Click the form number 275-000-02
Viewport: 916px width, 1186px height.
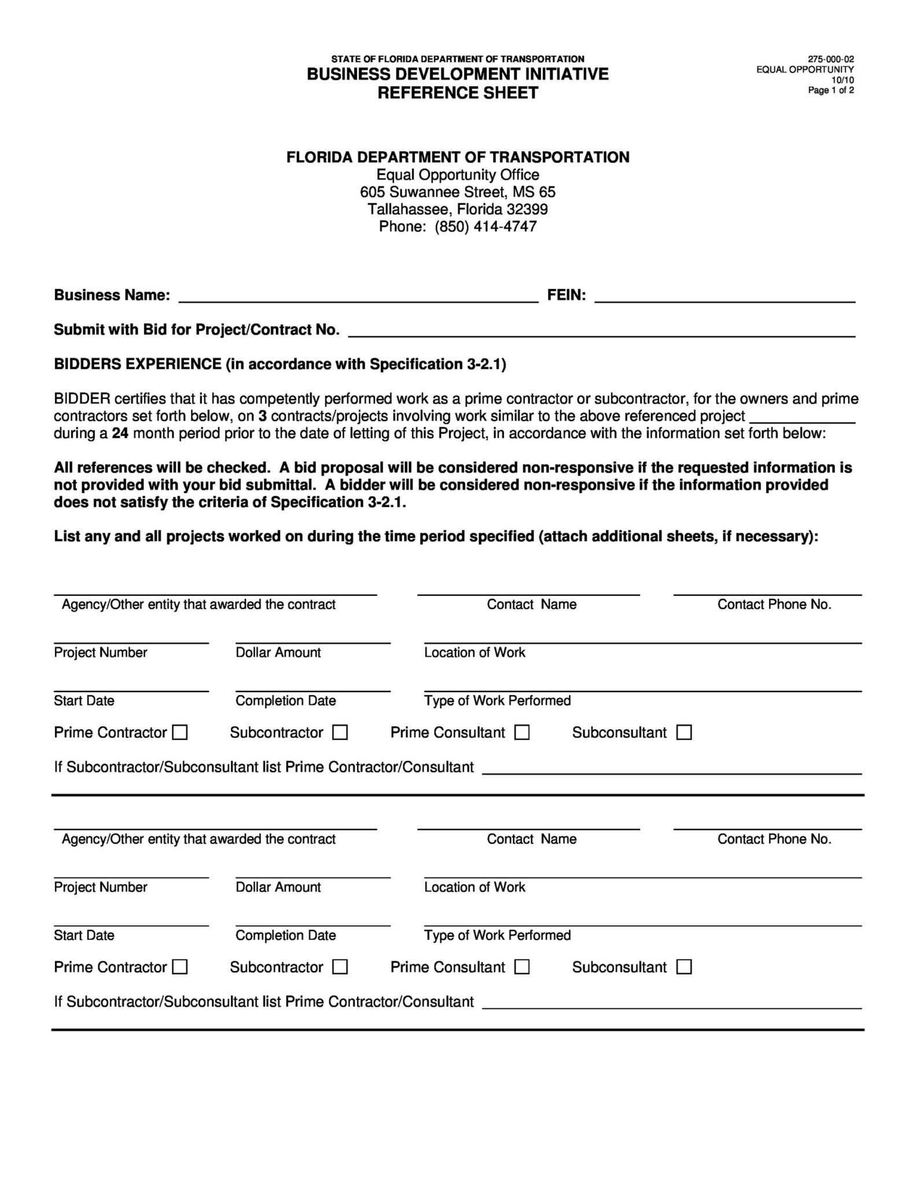point(830,59)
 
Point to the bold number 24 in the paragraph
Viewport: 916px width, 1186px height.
point(120,433)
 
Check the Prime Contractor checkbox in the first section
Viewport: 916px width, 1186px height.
point(181,733)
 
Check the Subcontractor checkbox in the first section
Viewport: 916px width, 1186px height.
point(340,733)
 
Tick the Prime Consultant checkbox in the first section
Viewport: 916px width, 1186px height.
point(522,733)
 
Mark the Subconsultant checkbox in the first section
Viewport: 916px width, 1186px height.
point(684,733)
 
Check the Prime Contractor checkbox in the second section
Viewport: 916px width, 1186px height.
point(181,967)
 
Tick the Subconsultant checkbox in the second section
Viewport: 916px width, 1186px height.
point(684,967)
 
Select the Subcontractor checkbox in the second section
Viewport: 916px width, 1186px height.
point(340,967)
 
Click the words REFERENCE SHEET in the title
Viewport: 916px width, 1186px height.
point(458,93)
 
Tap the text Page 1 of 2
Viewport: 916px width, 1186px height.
point(830,90)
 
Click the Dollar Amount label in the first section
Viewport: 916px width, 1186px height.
point(278,653)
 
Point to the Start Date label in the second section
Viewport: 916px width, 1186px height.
point(84,935)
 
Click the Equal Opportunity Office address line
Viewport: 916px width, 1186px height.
point(458,175)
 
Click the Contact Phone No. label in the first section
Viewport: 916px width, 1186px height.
point(774,605)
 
